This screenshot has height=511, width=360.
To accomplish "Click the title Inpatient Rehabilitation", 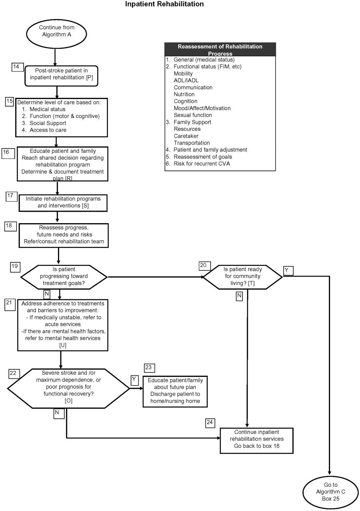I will point(164,4).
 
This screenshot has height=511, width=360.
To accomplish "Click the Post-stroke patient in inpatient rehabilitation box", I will point(61,75).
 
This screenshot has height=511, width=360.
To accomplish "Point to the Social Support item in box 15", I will point(48,123).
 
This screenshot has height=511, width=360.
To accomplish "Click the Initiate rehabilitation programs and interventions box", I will point(63,202).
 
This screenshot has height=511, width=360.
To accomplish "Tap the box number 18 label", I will point(11,226).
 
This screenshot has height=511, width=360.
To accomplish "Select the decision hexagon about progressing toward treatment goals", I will point(64,276).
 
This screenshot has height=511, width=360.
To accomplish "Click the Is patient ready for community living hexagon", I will point(242,276).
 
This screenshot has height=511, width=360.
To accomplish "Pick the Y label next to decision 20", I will point(288,270).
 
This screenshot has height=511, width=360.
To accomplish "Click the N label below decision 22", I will point(58,414).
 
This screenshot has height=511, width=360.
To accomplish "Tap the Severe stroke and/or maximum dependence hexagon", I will point(68,388).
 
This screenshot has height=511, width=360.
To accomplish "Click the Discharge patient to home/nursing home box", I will point(175,390).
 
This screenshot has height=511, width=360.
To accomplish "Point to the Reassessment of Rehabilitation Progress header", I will point(220,49).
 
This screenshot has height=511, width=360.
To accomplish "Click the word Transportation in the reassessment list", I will point(191,143).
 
